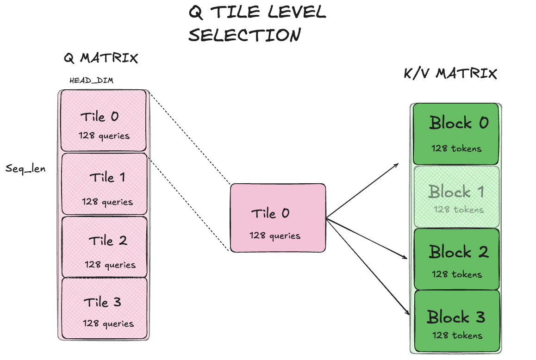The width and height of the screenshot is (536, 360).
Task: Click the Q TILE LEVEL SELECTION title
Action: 257,23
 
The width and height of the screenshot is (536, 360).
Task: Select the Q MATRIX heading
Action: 101,58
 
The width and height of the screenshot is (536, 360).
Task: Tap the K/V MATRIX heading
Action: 450,73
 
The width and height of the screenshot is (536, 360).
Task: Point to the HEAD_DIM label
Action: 91,81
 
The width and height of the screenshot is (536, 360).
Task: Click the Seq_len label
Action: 25,168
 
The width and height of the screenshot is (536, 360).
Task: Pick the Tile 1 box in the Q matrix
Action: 104,184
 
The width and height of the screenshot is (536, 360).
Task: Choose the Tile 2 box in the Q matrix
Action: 104,247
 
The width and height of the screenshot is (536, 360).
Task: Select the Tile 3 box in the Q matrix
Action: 104,308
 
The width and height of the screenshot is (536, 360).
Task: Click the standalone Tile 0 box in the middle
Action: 278,218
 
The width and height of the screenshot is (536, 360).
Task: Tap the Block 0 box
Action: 455,134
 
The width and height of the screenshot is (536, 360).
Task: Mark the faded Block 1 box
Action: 456,197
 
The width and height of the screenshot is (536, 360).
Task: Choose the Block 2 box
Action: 457,259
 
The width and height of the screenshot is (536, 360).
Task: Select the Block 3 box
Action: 457,321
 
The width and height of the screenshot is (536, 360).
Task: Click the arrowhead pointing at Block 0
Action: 397,165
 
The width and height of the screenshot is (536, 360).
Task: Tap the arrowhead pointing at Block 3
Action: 408,313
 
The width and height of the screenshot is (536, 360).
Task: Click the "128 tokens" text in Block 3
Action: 457,335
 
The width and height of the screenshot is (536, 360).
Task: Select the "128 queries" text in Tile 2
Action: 110,265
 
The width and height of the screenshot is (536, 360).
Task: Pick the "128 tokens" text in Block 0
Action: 456,149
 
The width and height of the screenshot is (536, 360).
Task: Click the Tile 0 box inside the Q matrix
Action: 104,120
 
